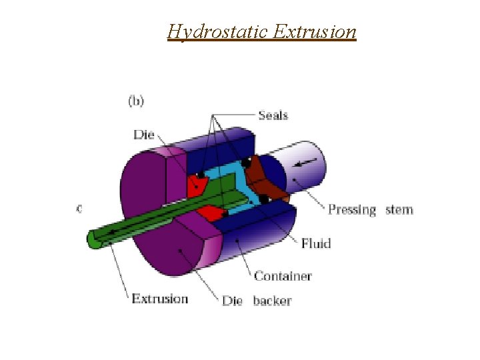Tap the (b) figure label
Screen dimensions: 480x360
[135, 101]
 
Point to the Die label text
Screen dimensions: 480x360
[143, 135]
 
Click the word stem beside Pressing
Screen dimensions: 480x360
[399, 210]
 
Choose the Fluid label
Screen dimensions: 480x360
[315, 243]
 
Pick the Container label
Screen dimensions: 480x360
[283, 275]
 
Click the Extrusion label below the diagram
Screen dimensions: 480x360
[160, 298]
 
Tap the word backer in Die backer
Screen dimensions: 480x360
[272, 301]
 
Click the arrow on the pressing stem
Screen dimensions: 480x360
[309, 163]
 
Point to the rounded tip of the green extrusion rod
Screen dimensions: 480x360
[94, 239]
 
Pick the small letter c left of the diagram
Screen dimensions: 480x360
[79, 208]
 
